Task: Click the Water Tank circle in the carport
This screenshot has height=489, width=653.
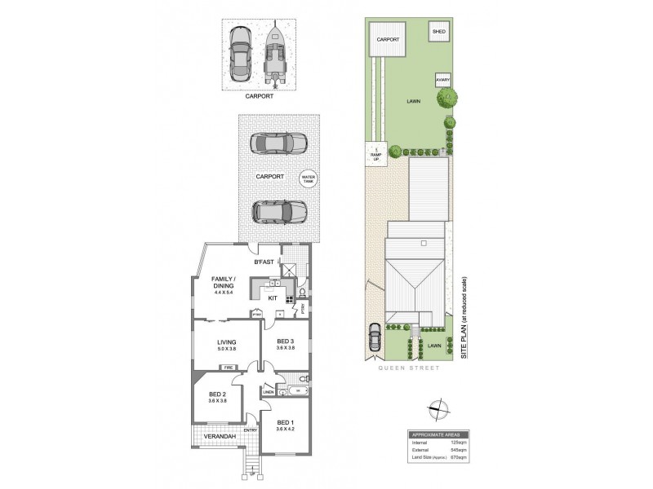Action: pyautogui.click(x=309, y=178)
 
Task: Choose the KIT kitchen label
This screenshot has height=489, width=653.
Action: pyautogui.click(x=273, y=298)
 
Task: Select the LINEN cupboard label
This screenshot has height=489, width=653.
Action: pyautogui.click(x=269, y=392)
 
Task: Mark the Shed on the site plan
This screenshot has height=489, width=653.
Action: pyautogui.click(x=438, y=33)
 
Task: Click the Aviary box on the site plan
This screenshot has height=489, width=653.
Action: pyautogui.click(x=442, y=80)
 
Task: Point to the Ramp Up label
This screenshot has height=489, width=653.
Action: pyautogui.click(x=376, y=154)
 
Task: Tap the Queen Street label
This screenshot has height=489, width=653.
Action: pyautogui.click(x=408, y=368)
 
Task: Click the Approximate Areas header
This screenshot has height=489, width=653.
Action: pyautogui.click(x=437, y=434)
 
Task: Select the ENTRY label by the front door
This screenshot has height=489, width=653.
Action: pyautogui.click(x=250, y=430)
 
